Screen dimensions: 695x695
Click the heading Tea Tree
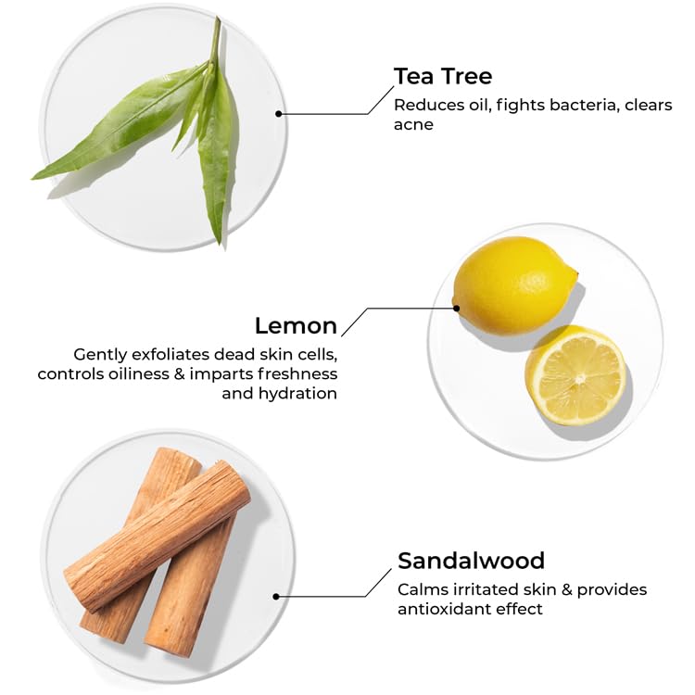click(443, 76)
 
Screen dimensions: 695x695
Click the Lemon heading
click(296, 326)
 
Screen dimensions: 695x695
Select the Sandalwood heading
click(471, 561)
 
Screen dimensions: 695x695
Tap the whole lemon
click(515, 285)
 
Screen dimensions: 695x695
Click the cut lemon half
click(576, 376)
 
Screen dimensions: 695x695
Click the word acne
click(413, 125)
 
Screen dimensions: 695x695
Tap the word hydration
click(297, 394)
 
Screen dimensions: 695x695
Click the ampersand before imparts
click(179, 373)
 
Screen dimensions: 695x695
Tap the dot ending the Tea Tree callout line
click(278, 114)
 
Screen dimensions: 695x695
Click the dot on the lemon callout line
click(456, 308)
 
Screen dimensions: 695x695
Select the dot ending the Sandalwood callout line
click(276, 597)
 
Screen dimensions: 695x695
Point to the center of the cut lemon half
click(579, 379)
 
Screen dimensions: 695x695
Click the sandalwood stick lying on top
click(158, 537)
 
